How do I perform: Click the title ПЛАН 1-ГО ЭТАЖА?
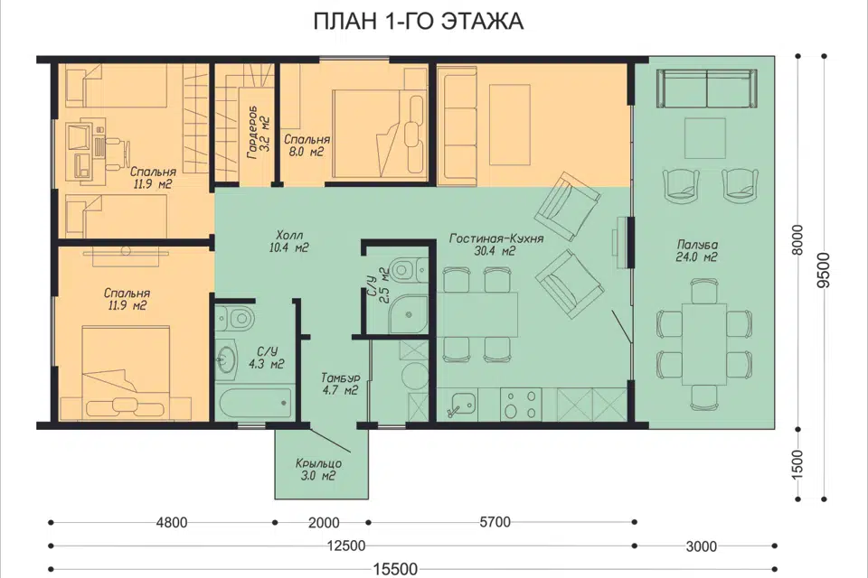click(418, 22)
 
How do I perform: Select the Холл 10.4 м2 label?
click(288, 241)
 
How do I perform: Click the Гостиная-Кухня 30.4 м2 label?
click(496, 245)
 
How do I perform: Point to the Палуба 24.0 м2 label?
click(696, 250)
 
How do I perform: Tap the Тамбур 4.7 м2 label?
click(341, 384)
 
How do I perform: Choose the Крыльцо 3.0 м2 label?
click(318, 470)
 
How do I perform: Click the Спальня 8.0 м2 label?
click(307, 145)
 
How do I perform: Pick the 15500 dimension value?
click(395, 569)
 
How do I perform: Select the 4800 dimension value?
click(172, 522)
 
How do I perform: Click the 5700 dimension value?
click(495, 522)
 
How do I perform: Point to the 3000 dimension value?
click(702, 546)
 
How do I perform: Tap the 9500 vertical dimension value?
click(825, 270)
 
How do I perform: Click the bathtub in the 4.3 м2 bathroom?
click(253, 405)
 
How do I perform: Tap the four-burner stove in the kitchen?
click(521, 405)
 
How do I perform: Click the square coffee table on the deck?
click(705, 138)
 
